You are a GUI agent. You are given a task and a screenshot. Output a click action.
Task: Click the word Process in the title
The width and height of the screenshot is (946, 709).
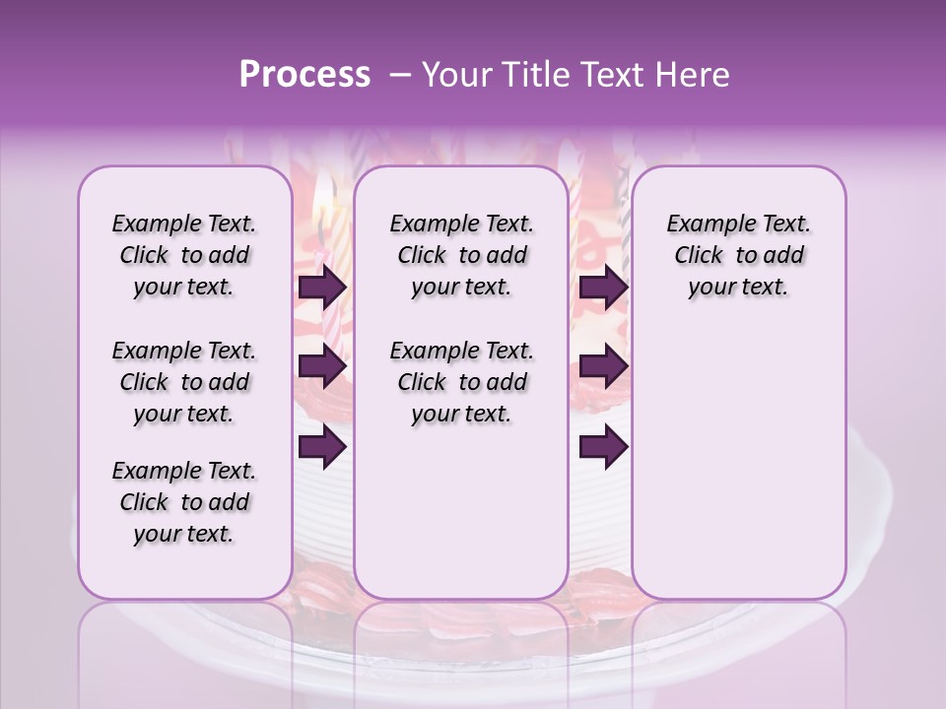coord(304,75)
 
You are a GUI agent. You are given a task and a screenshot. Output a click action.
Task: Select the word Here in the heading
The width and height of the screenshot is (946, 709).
coord(695,75)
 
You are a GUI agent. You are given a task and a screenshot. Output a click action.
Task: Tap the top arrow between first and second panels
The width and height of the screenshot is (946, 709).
coord(322,288)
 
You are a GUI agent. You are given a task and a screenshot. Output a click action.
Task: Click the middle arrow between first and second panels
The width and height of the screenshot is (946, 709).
coord(322,367)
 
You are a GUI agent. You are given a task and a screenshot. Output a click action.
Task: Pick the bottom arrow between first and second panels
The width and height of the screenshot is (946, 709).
coord(322,447)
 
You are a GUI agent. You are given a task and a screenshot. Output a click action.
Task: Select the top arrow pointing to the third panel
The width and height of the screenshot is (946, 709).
coord(603,288)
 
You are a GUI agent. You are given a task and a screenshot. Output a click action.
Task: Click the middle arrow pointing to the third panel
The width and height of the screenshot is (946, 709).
coord(603,367)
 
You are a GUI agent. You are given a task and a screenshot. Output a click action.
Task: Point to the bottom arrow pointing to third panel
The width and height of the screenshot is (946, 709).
coord(603,447)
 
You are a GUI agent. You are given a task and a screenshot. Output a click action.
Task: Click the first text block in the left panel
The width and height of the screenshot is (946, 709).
coord(184,255)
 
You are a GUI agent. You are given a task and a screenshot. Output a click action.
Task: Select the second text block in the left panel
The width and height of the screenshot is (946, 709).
coord(184,382)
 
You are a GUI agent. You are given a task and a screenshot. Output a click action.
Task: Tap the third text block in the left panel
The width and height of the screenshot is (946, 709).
coord(184,502)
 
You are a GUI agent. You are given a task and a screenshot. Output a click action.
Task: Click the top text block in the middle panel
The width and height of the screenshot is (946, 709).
coord(461,255)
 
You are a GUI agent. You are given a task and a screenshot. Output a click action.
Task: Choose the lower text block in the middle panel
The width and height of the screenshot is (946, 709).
coord(461,382)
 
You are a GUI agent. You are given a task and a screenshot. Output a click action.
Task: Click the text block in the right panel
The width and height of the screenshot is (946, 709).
coord(738,255)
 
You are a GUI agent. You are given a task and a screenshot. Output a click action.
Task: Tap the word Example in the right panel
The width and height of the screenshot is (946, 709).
coord(703,225)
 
